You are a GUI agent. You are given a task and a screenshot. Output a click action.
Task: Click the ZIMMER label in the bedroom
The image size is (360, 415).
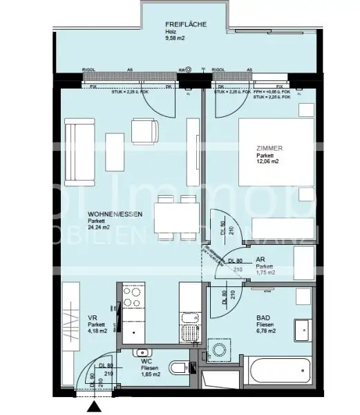tap(269, 148)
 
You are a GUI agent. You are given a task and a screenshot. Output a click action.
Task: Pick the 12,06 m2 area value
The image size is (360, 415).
tap(267, 162)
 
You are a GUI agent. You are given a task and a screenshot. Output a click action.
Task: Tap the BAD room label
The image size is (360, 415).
tap(264, 317)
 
